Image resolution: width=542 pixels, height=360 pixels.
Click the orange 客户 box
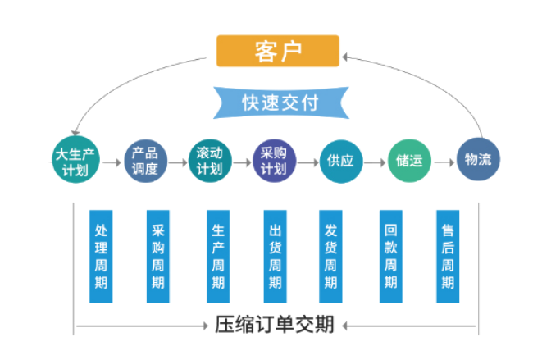277,51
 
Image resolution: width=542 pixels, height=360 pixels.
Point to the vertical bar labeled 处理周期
101,257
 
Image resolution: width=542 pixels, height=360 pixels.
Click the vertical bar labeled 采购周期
158,257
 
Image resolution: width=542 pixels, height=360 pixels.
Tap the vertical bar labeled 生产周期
217,257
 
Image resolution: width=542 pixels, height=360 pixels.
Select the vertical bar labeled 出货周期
275,257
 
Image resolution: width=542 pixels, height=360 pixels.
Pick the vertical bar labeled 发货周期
330,257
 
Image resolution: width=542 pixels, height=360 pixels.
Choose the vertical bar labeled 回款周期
390,257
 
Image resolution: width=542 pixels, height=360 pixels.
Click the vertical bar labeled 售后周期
448,257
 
